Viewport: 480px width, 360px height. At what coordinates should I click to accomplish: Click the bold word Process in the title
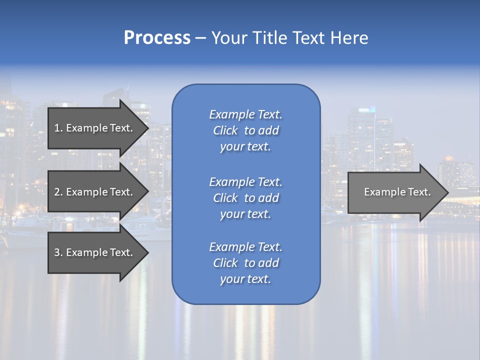click(157, 38)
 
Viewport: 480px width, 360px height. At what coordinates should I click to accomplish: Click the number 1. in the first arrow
click(58, 128)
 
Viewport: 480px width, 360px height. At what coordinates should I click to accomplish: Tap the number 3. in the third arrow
click(58, 253)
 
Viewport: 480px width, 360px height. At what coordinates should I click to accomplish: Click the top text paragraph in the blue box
click(245, 130)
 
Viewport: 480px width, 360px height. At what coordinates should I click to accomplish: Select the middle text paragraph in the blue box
click(245, 198)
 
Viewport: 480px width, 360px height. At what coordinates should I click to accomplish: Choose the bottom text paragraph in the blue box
click(245, 263)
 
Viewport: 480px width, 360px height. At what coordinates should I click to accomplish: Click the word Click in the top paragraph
click(225, 130)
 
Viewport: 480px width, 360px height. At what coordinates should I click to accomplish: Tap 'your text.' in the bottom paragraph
click(245, 279)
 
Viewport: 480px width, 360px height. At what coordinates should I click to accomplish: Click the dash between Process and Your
click(201, 38)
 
